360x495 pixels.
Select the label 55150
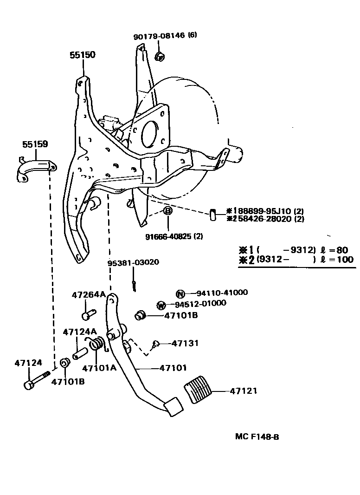pyautogui.click(x=83, y=55)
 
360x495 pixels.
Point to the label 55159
pyautogui.click(x=35, y=144)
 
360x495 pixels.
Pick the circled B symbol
pyautogui.click(x=167, y=211)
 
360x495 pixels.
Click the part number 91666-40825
pyautogui.click(x=167, y=236)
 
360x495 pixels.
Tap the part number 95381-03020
pyautogui.click(x=133, y=262)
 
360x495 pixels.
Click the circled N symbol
pyautogui.click(x=180, y=293)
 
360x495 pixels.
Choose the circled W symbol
pyautogui.click(x=161, y=305)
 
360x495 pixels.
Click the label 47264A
pyautogui.click(x=89, y=294)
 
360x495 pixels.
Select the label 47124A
pyautogui.click(x=80, y=332)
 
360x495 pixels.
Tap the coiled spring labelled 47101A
pyautogui.click(x=96, y=345)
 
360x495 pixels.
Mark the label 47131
pyautogui.click(x=185, y=343)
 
